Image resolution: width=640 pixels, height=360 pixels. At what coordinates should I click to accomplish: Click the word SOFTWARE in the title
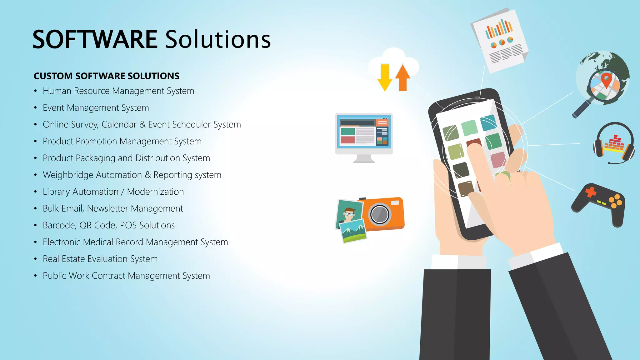point(95,40)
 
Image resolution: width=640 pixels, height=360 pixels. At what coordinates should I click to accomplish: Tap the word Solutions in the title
point(218,40)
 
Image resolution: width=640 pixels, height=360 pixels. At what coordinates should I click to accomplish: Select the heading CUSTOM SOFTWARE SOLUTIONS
point(107,76)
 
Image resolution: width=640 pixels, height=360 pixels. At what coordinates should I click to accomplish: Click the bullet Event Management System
point(96,108)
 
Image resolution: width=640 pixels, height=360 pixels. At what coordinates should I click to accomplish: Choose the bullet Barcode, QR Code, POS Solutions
point(108,225)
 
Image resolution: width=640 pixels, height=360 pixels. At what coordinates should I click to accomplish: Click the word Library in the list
point(56,192)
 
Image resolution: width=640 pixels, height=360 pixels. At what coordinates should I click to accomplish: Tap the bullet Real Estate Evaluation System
point(100,259)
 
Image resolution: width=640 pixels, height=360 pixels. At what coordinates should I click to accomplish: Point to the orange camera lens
point(380,214)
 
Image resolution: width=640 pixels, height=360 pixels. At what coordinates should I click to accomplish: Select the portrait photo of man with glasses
point(349,214)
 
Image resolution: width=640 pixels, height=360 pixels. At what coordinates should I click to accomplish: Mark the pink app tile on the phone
point(498,159)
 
